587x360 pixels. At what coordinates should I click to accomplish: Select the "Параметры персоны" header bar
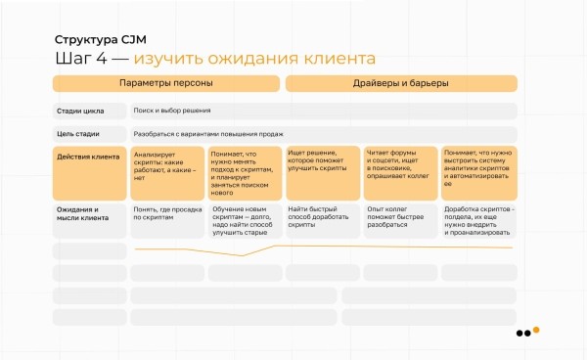[166, 83]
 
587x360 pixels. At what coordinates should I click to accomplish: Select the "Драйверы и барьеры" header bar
[401, 83]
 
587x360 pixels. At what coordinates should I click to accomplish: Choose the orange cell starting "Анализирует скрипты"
[167, 171]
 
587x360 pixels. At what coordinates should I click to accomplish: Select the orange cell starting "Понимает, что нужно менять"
[245, 171]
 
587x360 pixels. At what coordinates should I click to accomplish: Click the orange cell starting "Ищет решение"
[323, 171]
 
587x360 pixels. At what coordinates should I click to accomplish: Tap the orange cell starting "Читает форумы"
[400, 171]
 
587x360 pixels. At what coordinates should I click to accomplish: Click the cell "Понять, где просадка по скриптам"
[167, 220]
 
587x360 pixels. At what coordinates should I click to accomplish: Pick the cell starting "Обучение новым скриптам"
[245, 220]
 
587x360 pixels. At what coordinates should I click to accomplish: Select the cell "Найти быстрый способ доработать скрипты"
[323, 220]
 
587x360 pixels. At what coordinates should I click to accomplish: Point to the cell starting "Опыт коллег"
[400, 220]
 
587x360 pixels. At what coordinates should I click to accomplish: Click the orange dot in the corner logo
[536, 330]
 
